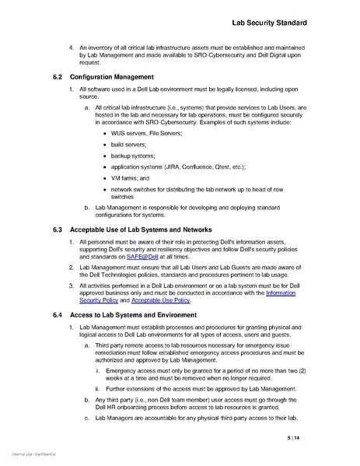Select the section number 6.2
[x=58, y=77]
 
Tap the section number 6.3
[x=58, y=231]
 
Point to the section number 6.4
[x=58, y=315]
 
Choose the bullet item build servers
[x=130, y=145]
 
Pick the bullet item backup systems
[x=133, y=156]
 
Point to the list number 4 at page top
[x=72, y=47]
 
